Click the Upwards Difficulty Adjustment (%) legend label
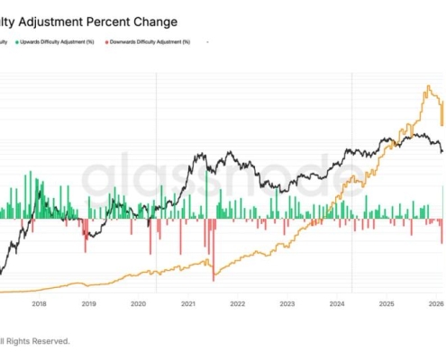[59, 41]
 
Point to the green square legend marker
[16, 41]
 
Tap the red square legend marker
[107, 41]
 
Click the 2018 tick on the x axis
[39, 303]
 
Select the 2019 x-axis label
[88, 303]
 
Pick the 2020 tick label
[138, 303]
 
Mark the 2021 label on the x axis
[187, 303]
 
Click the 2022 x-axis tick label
[237, 303]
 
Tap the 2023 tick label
[287, 303]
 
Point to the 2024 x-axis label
[336, 303]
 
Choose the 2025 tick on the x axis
[386, 303]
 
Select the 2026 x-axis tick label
[434, 303]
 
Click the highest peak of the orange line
[424, 87]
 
